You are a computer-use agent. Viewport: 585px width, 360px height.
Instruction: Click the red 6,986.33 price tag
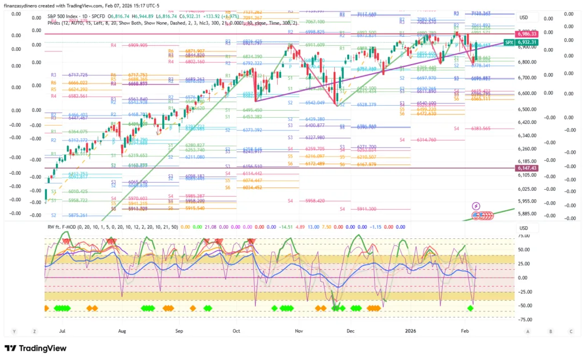coord(526,34)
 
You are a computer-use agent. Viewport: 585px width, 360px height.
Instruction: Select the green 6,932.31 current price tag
coord(526,42)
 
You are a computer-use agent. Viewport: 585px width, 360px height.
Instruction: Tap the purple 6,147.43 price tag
coord(526,168)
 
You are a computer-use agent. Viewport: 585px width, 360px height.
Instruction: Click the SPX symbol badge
coord(510,42)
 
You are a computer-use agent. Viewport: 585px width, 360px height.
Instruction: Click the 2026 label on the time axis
coord(411,331)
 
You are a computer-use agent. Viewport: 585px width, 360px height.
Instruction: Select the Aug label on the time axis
coord(121,331)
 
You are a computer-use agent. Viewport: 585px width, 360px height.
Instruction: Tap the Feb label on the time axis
coord(465,331)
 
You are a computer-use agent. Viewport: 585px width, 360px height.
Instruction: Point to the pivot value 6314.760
coord(426,139)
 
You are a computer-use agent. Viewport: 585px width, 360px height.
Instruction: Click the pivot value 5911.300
coord(366,209)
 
